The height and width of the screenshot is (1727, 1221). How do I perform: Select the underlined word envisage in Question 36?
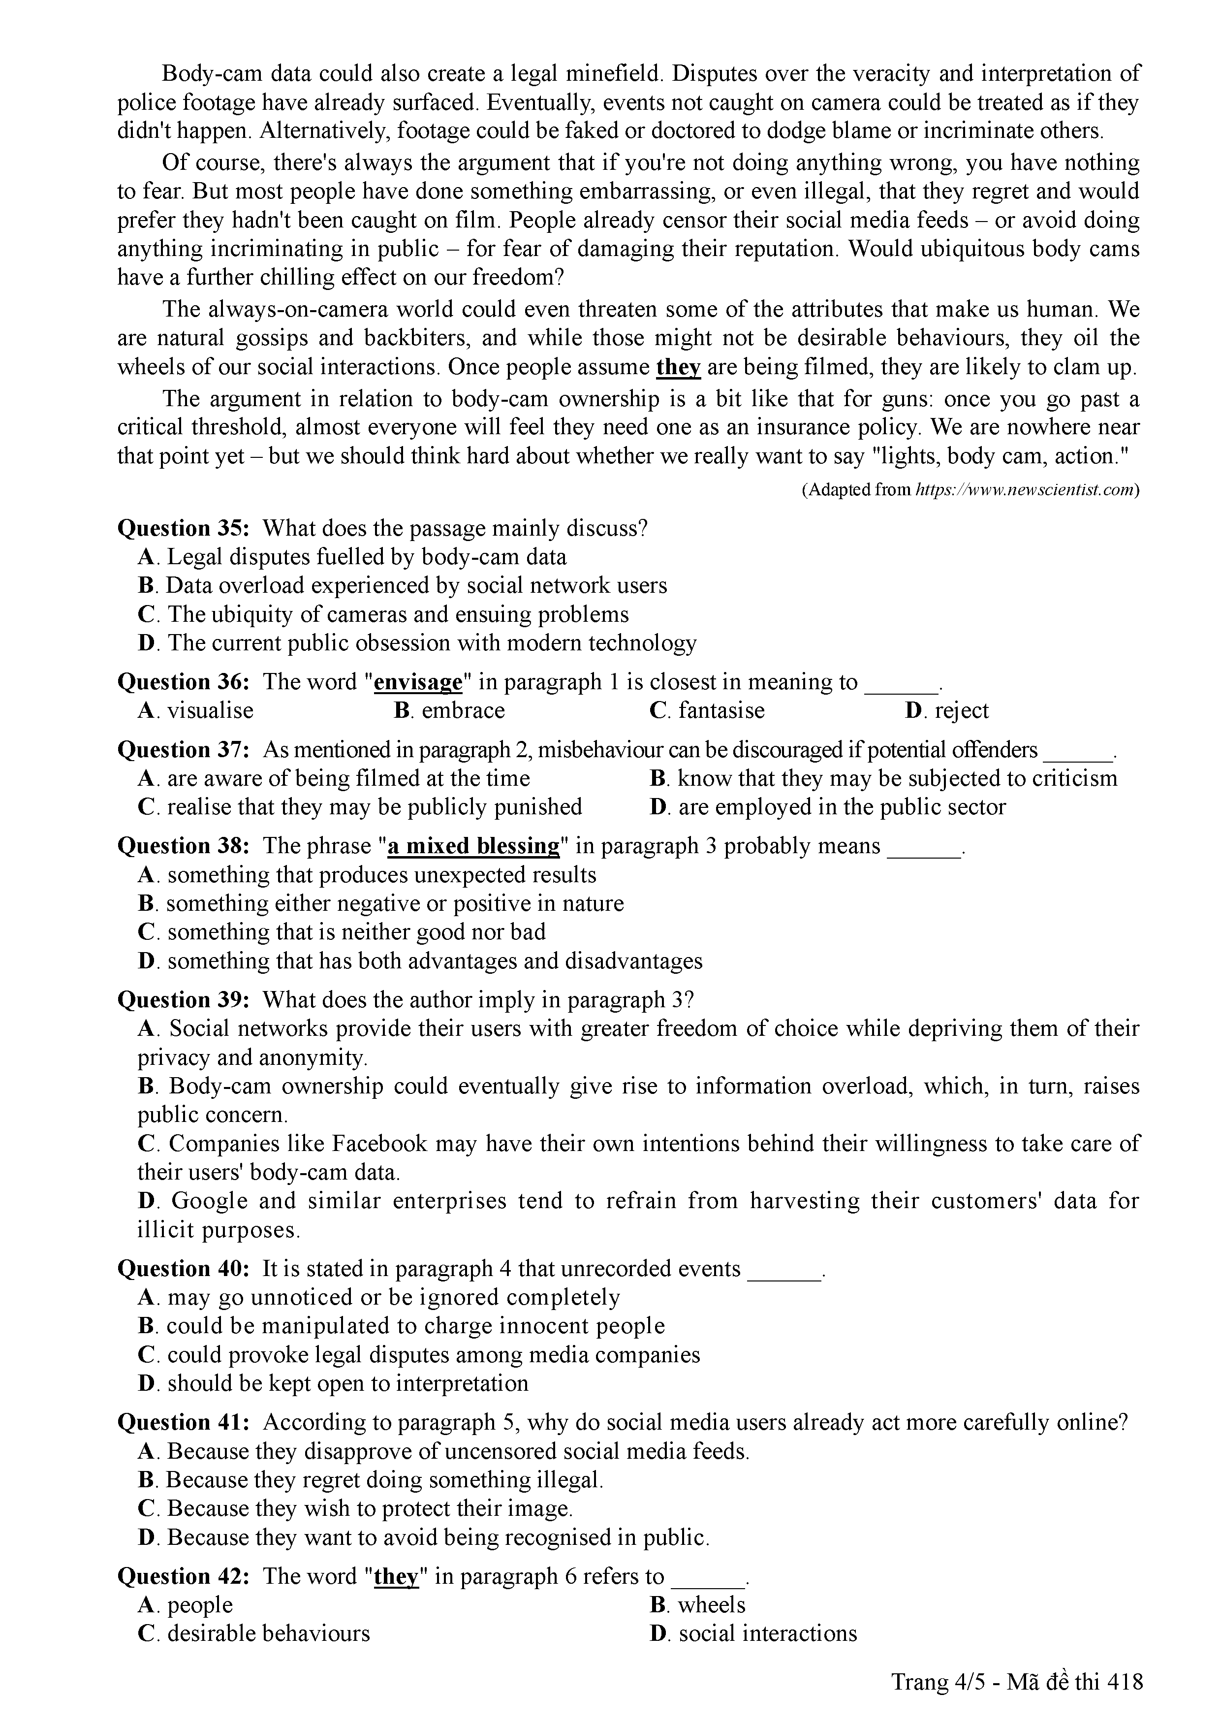click(x=417, y=682)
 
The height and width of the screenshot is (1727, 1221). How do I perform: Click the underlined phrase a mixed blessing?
click(x=473, y=846)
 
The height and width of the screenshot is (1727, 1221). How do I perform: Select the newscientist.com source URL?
click(x=1024, y=490)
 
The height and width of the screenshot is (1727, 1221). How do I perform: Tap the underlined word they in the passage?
click(x=678, y=368)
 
